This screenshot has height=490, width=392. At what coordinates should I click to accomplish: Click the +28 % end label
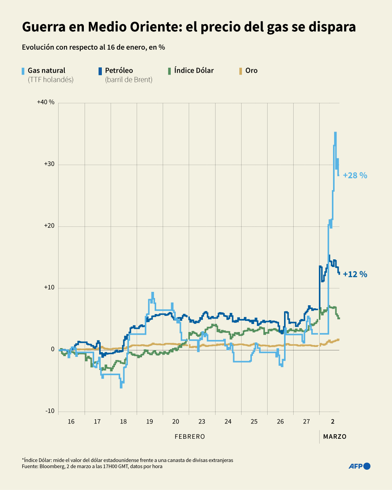pyautogui.click(x=355, y=176)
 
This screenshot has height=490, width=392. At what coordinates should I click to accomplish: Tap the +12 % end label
pyautogui.click(x=355, y=274)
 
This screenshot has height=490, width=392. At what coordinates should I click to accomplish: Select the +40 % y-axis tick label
pyautogui.click(x=46, y=102)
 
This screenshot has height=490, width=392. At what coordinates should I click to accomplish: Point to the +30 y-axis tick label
pyautogui.click(x=49, y=164)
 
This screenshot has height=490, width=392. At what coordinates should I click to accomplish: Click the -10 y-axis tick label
pyautogui.click(x=50, y=411)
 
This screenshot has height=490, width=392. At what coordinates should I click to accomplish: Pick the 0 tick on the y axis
pyautogui.click(x=53, y=349)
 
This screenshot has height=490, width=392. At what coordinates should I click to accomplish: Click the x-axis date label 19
pyautogui.click(x=149, y=422)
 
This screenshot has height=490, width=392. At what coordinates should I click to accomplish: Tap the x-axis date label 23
pyautogui.click(x=202, y=422)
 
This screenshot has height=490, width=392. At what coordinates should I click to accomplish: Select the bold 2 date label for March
pyautogui.click(x=333, y=422)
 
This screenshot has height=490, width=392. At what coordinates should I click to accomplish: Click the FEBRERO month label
pyautogui.click(x=190, y=436)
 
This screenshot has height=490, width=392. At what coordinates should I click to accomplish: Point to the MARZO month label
pyautogui.click(x=335, y=436)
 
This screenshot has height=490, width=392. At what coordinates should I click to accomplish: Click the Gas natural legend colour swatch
pyautogui.click(x=24, y=71)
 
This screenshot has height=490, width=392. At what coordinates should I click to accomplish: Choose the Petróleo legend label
pyautogui.click(x=119, y=70)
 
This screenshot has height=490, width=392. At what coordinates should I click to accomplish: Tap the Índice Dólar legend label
pyautogui.click(x=194, y=70)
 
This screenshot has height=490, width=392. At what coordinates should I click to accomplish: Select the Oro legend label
pyautogui.click(x=252, y=70)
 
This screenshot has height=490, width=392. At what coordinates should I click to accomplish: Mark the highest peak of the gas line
pyautogui.click(x=335, y=133)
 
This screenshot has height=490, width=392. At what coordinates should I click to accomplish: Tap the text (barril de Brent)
pyautogui.click(x=129, y=80)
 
